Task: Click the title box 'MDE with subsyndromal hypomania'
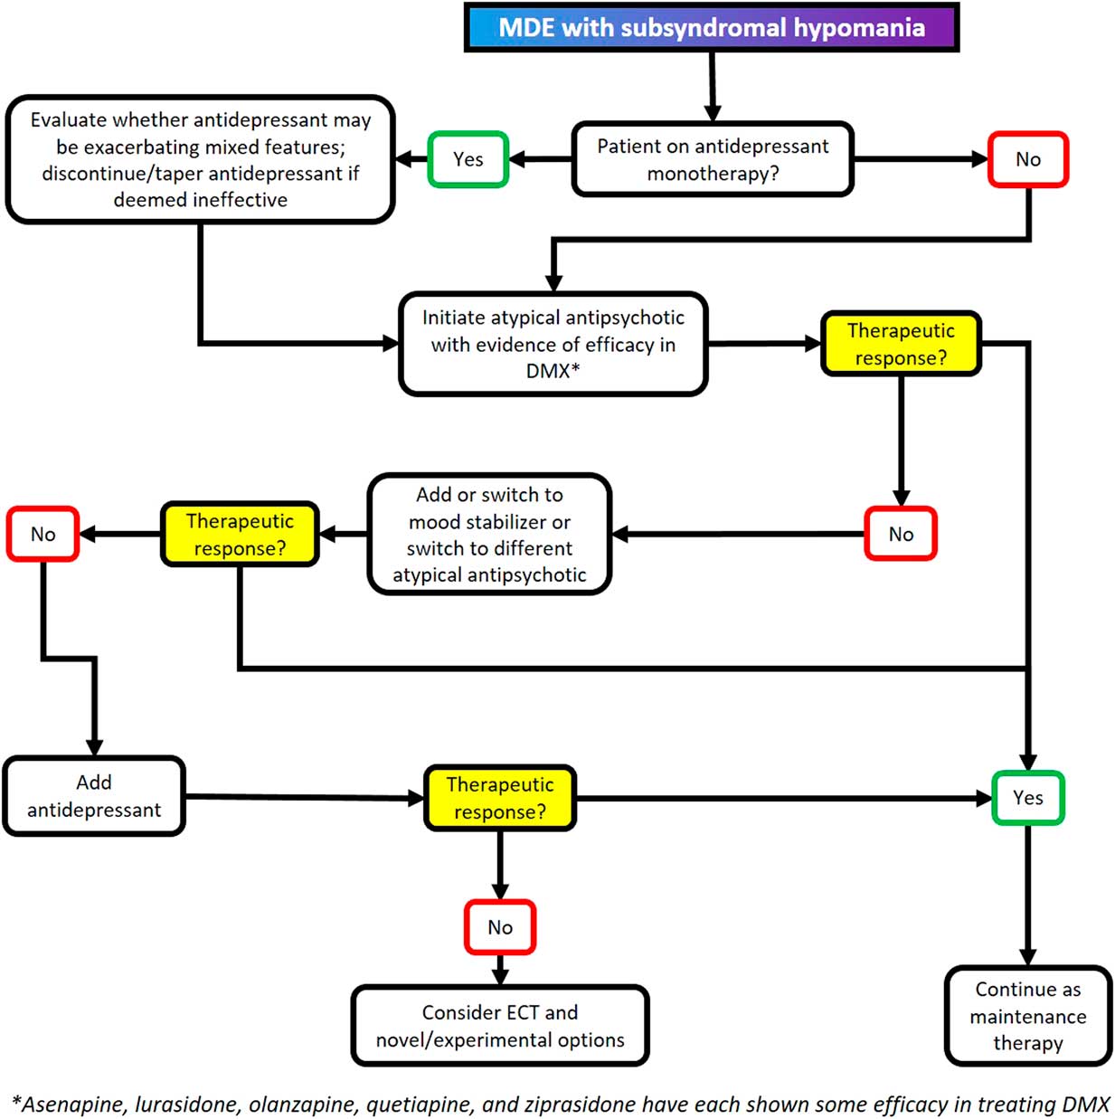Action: click(711, 28)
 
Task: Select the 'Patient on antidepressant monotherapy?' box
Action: click(713, 159)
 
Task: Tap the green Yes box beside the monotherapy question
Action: click(468, 159)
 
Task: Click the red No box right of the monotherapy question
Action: click(1027, 159)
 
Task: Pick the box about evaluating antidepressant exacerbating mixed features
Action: click(200, 159)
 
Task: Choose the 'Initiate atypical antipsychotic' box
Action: click(553, 344)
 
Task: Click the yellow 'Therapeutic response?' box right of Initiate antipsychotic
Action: click(901, 344)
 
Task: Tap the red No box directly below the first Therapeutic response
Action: click(900, 534)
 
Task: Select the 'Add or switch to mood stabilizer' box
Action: click(489, 534)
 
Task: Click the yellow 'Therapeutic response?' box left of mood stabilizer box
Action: click(240, 534)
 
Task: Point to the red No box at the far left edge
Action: click(43, 534)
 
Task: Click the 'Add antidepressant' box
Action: click(94, 796)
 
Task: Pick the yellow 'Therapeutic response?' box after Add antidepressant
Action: click(500, 798)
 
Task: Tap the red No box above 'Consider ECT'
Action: click(500, 927)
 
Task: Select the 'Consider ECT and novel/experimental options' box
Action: click(500, 1026)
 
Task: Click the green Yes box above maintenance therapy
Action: click(1027, 798)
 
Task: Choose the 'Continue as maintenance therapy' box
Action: click(1027, 1016)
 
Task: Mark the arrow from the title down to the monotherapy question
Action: click(713, 87)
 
